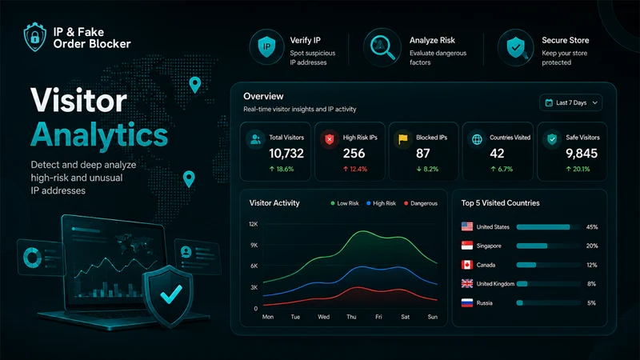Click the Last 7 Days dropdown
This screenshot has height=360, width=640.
coord(570,103)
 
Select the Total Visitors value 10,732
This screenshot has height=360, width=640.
coord(286,154)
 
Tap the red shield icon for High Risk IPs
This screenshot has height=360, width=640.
coord(330,139)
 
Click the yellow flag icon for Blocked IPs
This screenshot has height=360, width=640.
coord(403,139)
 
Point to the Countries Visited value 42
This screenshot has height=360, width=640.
coord(497,154)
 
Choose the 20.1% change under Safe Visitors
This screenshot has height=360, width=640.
coord(578,169)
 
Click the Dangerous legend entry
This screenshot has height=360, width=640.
coord(421,203)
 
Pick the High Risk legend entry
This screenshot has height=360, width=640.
coord(382,203)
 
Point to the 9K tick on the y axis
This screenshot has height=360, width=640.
coord(254,245)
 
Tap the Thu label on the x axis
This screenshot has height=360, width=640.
coord(351,317)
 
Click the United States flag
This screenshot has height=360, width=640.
coord(467,226)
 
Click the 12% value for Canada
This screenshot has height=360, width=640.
coord(592,265)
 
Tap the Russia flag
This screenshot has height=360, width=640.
coord(467,303)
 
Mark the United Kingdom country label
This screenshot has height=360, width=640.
coord(495,284)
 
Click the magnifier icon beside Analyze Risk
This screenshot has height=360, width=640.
coord(382,47)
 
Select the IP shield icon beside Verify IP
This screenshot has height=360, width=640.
coord(266,47)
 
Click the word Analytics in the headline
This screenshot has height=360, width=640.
coord(99,135)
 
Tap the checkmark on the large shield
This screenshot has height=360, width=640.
coord(171,294)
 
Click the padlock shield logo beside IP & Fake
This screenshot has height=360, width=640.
coord(35,37)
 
